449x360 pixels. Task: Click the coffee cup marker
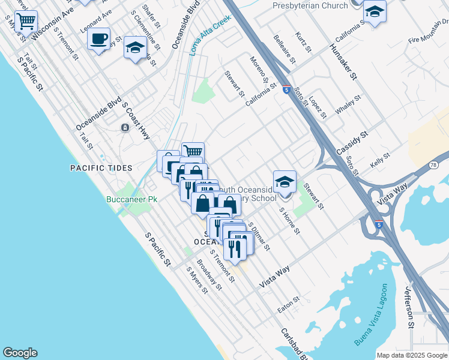coord(98,40)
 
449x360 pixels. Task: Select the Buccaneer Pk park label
coord(131,199)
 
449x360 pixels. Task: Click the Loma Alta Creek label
coord(211,35)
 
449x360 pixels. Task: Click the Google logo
coord(20,353)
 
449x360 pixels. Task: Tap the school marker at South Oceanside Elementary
coord(285,181)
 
